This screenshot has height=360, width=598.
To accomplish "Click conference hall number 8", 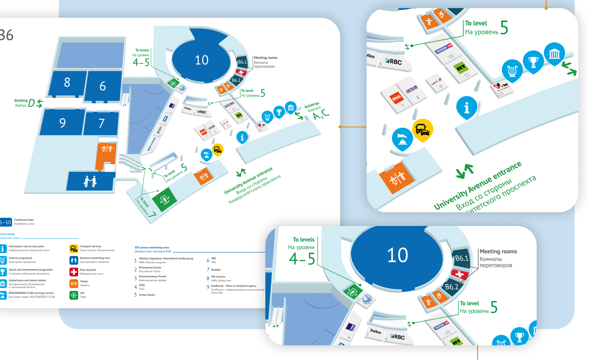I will [x=67, y=83].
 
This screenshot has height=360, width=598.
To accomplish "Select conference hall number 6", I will [x=102, y=86].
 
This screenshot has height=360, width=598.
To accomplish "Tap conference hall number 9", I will [x=62, y=123].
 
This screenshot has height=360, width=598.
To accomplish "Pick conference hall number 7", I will [x=101, y=123].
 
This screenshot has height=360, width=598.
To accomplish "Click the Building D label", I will [x=25, y=103].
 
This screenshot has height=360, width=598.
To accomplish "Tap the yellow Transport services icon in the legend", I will [x=74, y=248].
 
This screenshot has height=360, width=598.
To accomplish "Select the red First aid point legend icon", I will [x=74, y=272].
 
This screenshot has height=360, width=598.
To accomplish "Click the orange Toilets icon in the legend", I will [x=74, y=283].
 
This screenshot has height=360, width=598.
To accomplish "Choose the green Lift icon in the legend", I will [x=74, y=295].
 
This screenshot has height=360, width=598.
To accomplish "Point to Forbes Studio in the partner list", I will [x=147, y=295].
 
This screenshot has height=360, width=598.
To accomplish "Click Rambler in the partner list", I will [x=216, y=270].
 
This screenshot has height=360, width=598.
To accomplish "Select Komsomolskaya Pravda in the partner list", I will [x=152, y=276].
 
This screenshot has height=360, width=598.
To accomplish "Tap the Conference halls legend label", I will [x=24, y=220].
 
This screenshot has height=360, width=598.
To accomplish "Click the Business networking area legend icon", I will [x=74, y=260].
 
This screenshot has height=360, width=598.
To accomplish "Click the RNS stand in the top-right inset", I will [x=396, y=98].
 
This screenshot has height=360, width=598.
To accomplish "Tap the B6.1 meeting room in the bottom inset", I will [x=461, y=258].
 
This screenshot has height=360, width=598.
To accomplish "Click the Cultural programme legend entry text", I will [x=20, y=258].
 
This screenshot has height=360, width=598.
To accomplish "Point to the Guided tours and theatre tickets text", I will [x=27, y=281].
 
